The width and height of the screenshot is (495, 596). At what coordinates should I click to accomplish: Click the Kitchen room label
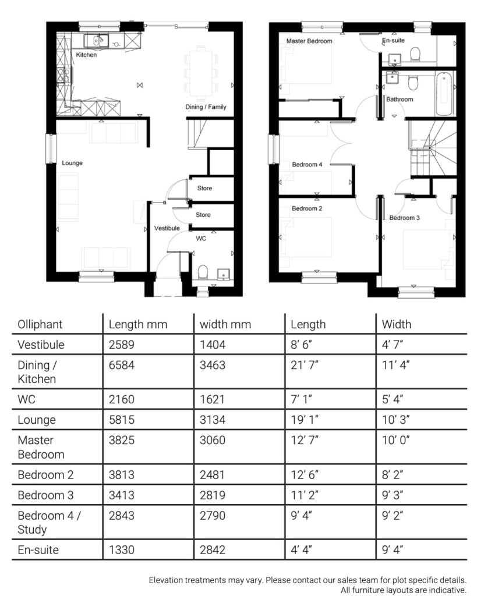[86, 55]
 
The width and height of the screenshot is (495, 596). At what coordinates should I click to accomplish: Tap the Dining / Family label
[206, 107]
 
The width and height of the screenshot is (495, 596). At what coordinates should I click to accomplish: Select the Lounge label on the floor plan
[72, 163]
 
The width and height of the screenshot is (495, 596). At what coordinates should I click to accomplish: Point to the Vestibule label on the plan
[167, 229]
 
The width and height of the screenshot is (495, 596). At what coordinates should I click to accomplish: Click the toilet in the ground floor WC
[203, 272]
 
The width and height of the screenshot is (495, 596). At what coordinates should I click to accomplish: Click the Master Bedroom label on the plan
[309, 41]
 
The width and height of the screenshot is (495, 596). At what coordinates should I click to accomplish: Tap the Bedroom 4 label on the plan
[307, 165]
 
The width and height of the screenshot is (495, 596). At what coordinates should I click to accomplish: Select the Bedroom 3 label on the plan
[405, 218]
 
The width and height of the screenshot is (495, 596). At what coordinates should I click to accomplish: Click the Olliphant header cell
[40, 324]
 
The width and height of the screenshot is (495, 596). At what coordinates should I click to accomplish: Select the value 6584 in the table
[121, 366]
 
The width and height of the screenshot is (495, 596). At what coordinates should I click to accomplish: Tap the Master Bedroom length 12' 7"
[305, 440]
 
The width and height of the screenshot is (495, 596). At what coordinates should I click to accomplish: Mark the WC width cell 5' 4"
[394, 400]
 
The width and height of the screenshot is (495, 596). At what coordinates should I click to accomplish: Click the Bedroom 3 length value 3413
[121, 495]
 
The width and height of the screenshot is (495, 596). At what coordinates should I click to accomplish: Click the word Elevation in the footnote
[167, 580]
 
